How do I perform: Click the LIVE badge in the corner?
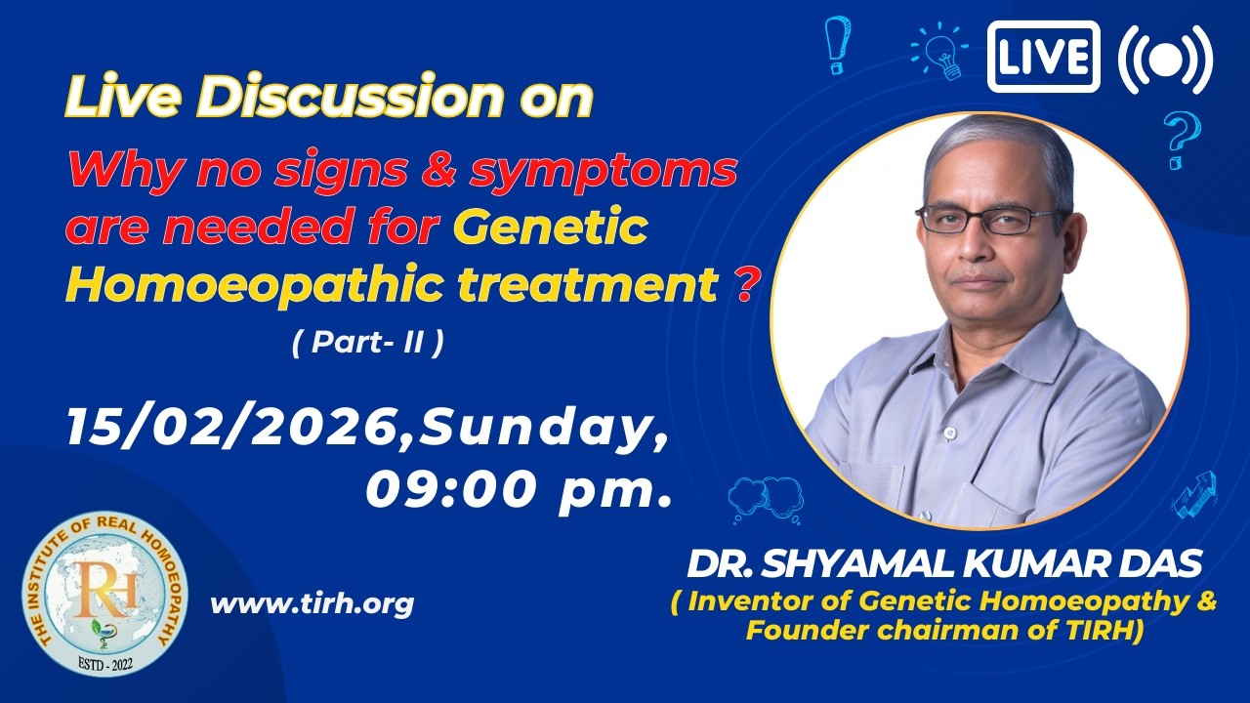[1043, 57]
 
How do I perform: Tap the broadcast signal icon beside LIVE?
[1166, 59]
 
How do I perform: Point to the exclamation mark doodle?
[837, 45]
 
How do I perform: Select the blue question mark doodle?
[1182, 140]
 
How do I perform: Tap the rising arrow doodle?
[1194, 495]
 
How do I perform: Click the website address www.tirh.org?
[312, 603]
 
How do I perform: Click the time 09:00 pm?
[518, 490]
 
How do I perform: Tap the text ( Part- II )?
[368, 342]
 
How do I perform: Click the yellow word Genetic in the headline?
[550, 227]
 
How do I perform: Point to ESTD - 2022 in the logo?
[105, 665]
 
